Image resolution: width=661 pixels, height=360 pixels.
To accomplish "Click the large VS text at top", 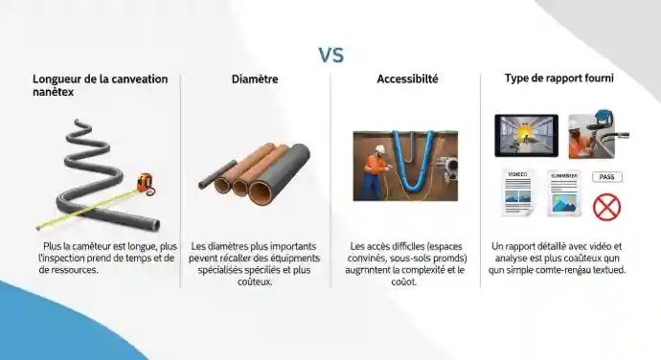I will pyautogui.click(x=330, y=55).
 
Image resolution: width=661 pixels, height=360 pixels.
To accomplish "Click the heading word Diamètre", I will pyautogui.click(x=255, y=79).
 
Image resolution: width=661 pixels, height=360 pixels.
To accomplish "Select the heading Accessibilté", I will pyautogui.click(x=407, y=79).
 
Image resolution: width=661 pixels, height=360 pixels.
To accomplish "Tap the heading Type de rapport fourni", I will pyautogui.click(x=559, y=79).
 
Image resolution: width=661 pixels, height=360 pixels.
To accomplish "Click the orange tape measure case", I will pyautogui.click(x=145, y=180).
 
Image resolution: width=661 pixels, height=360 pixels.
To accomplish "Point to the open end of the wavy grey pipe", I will pyautogui.click(x=152, y=224).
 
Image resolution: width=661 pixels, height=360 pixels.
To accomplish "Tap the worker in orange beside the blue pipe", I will pyautogui.click(x=380, y=169).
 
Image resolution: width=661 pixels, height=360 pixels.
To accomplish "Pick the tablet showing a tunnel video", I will pyautogui.click(x=524, y=135).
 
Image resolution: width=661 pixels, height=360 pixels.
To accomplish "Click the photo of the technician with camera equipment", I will pyautogui.click(x=594, y=135).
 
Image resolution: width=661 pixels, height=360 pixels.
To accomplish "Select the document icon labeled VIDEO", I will pyautogui.click(x=517, y=191).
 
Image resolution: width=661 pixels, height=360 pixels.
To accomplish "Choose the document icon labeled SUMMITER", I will pyautogui.click(x=563, y=192).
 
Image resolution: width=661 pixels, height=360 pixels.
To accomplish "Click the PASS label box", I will pyautogui.click(x=606, y=177).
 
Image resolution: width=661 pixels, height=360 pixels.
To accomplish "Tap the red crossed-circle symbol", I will pyautogui.click(x=606, y=206).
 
